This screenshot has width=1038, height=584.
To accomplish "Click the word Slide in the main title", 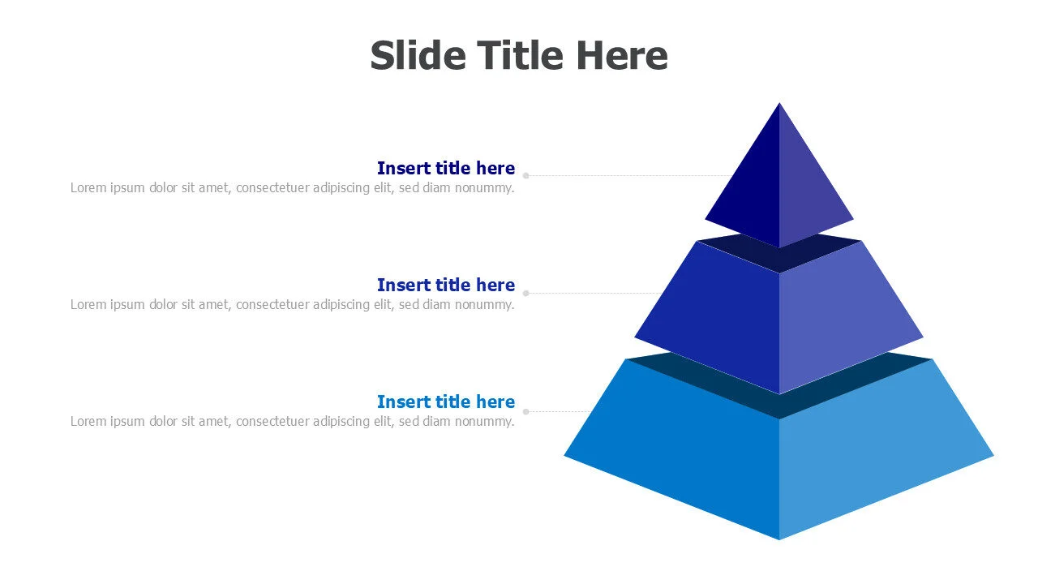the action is [418, 56].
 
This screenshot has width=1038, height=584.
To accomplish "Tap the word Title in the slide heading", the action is [521, 56].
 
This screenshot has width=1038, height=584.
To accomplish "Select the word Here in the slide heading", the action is [622, 56].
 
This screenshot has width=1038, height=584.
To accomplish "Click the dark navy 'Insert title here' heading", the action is [446, 168].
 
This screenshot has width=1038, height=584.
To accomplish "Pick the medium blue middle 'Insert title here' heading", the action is [446, 285].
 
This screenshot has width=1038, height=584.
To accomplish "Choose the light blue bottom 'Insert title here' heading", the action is [446, 401].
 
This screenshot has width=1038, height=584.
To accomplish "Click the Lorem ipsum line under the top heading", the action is [293, 187].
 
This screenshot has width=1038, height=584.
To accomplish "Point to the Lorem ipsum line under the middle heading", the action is [293, 304].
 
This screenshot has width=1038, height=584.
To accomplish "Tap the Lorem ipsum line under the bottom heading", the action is [293, 421].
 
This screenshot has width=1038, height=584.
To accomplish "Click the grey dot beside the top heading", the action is [526, 176].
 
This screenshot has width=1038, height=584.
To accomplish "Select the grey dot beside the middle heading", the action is [526, 293].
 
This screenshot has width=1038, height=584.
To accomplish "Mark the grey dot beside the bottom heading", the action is [526, 411].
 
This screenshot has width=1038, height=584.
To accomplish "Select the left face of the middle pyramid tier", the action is [718, 320].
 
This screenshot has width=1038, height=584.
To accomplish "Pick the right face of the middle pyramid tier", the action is [841, 320].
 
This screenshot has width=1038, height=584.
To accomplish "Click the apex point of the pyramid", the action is [779, 103].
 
